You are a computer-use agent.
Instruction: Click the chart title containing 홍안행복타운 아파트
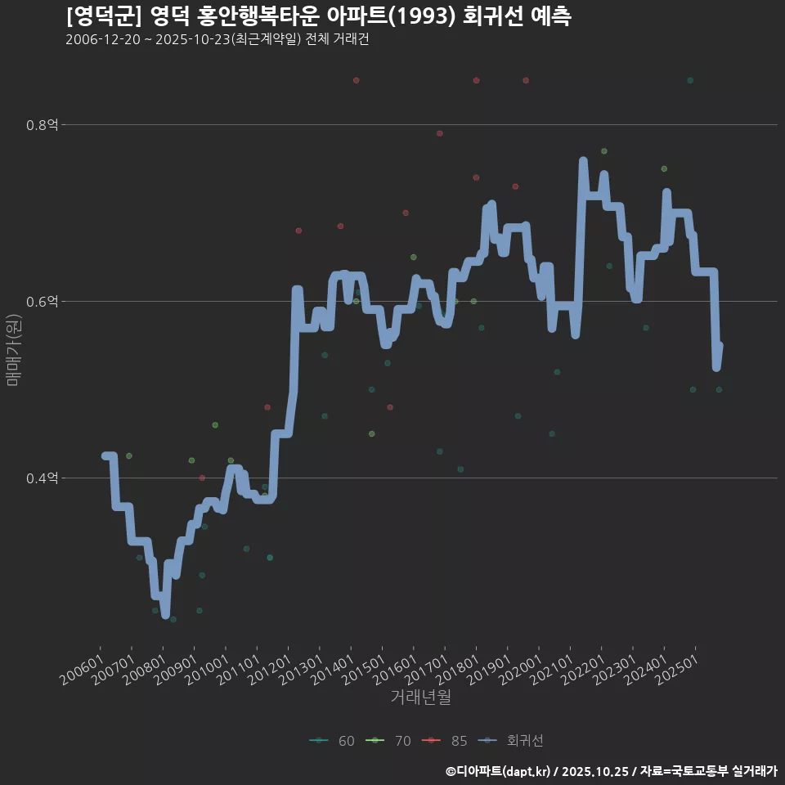tap(318, 16)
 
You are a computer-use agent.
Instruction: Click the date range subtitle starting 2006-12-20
tap(217, 39)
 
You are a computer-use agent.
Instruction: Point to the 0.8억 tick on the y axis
tap(42, 125)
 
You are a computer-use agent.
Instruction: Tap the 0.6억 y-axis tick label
tap(42, 302)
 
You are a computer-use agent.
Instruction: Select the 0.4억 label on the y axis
tap(42, 478)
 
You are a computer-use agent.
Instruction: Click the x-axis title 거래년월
tap(420, 697)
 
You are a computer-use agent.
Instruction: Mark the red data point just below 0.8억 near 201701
tap(440, 133)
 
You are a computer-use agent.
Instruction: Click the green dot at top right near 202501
tap(690, 80)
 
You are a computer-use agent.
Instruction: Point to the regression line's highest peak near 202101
tap(583, 162)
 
